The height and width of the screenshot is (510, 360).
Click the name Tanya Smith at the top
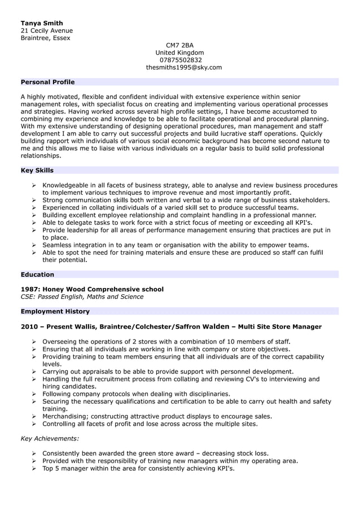[x=42, y=23]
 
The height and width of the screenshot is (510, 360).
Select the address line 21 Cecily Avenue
[x=47, y=30]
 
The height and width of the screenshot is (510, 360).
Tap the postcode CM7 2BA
[x=179, y=45]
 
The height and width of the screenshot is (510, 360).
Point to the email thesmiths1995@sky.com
[x=184, y=67]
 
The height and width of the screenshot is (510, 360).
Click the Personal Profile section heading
[x=47, y=82]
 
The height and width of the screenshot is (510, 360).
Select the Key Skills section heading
[x=37, y=170]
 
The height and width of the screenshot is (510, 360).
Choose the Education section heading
[x=37, y=274]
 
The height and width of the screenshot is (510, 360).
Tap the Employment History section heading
[x=55, y=311]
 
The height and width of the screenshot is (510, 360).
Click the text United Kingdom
[x=179, y=53]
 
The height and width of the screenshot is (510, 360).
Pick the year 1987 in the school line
[x=30, y=289]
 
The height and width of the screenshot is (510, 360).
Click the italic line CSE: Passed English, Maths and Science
[x=82, y=297]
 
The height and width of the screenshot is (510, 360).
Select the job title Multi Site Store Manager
[x=280, y=326]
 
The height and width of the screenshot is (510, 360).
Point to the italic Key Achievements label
[x=50, y=438]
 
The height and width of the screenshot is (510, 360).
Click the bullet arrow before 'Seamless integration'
[x=34, y=245]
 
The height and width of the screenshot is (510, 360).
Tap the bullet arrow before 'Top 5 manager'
[x=34, y=468]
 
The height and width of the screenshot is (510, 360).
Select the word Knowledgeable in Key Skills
[x=68, y=185]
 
